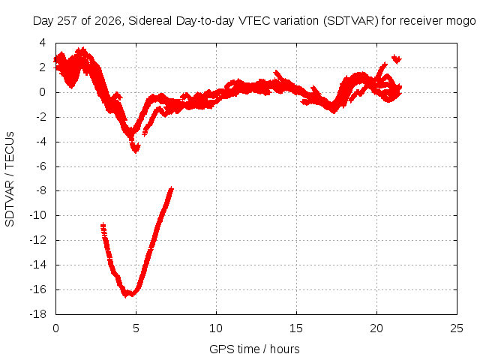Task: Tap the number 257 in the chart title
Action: (x=67, y=21)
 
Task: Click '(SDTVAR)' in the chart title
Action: (x=351, y=21)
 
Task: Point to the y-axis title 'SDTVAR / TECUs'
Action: (x=10, y=179)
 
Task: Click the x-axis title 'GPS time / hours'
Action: (x=254, y=349)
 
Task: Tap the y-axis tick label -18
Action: (x=38, y=313)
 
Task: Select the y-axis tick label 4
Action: (x=43, y=43)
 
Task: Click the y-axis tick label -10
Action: (x=38, y=215)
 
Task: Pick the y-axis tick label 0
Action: (x=43, y=92)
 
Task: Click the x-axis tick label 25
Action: (x=457, y=328)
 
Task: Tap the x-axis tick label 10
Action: (x=216, y=328)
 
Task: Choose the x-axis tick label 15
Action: (x=296, y=328)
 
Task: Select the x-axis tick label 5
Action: (x=136, y=328)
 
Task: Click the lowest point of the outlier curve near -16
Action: (x=126, y=295)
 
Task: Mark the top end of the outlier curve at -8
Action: (x=172, y=188)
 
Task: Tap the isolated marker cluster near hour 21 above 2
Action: (x=397, y=58)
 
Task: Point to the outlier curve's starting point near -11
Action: (x=103, y=226)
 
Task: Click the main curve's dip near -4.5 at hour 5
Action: (x=135, y=148)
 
